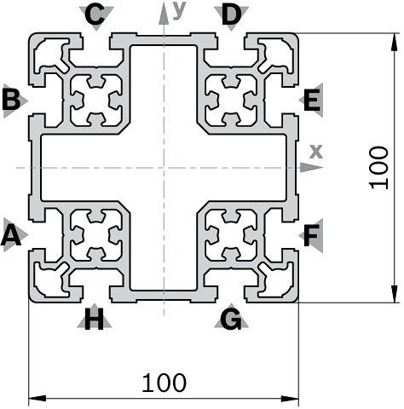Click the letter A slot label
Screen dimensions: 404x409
(11, 235)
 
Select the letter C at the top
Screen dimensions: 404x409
(95, 14)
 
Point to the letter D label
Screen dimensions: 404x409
(231, 14)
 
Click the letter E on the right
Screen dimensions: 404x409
(312, 100)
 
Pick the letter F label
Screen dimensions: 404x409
(312, 235)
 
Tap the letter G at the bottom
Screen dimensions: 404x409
(231, 320)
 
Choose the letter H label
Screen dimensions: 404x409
(94, 320)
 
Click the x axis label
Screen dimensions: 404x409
(316, 152)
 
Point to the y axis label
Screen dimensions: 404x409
(179, 10)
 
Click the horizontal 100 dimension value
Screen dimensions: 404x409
(164, 383)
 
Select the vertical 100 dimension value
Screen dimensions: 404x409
(378, 168)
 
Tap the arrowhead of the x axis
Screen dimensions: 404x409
(311, 167)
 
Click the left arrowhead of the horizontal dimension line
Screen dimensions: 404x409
(38, 398)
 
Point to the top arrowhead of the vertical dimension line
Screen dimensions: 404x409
(394, 42)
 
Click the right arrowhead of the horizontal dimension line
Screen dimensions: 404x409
(290, 398)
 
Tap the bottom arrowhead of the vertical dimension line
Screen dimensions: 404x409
(394, 294)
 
